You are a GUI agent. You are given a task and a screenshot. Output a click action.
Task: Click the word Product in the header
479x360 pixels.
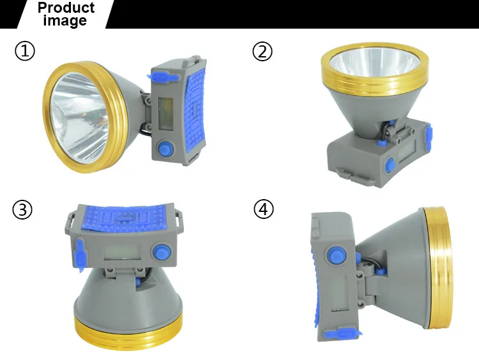(66, 8)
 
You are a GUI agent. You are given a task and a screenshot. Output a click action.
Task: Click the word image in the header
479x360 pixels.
(65, 21)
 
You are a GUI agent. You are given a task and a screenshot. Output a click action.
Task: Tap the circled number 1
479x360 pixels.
(25, 50)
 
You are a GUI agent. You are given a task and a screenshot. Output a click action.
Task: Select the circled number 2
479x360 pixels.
(262, 51)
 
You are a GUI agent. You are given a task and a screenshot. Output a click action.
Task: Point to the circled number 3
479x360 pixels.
(22, 209)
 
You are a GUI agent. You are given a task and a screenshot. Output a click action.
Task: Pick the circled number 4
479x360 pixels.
(264, 209)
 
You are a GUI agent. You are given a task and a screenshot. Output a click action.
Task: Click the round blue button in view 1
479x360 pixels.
(165, 149)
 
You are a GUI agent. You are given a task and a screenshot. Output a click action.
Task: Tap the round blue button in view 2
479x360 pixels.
(390, 165)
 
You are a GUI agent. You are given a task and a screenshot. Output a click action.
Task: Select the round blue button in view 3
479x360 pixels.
(162, 252)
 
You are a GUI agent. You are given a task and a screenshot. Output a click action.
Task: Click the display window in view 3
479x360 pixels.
(122, 252)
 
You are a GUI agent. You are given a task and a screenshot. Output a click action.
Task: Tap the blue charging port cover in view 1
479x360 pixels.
(162, 77)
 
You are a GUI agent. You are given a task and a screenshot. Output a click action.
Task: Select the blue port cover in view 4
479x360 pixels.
(342, 334)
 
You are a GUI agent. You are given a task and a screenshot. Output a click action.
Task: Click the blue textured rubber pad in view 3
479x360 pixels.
(125, 218)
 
